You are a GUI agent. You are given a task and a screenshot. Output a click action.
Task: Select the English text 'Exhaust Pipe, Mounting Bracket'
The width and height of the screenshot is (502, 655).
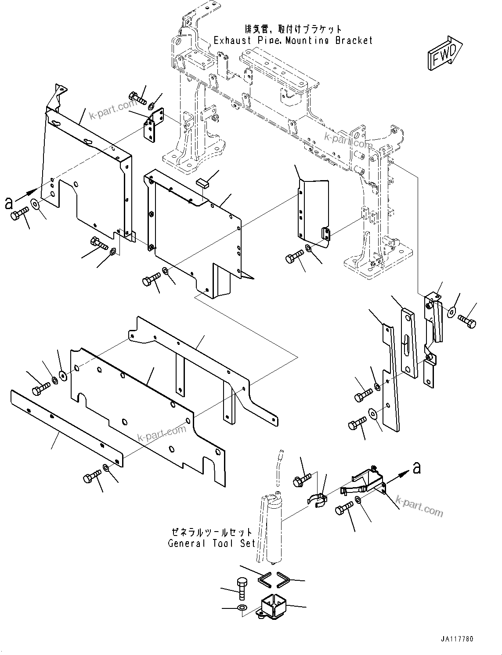[293, 40]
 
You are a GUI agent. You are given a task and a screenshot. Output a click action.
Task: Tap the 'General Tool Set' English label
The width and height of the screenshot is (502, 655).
[212, 543]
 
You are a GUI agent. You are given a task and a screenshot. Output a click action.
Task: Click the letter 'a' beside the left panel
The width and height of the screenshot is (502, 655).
[8, 203]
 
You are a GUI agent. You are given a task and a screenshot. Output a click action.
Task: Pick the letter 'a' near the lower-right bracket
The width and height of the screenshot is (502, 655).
[416, 468]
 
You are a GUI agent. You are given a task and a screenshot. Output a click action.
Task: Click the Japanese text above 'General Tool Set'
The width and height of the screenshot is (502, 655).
[212, 532]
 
